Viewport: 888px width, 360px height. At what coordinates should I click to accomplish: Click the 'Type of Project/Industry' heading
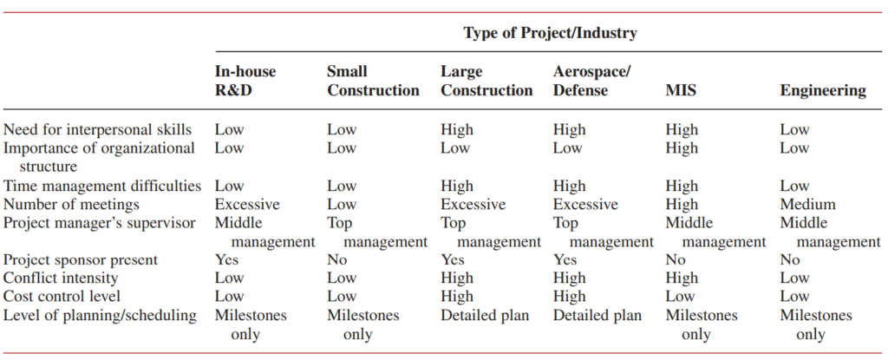click(550, 34)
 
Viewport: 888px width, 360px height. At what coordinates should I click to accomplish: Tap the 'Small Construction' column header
click(373, 81)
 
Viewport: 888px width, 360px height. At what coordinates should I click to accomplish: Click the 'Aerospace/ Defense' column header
click(591, 81)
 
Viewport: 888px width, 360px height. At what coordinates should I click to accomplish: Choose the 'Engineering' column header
click(822, 90)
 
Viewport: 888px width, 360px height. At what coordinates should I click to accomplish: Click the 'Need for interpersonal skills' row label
click(97, 130)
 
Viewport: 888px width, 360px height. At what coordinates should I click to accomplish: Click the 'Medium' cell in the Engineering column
click(807, 205)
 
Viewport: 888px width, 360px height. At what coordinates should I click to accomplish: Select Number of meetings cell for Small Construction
click(341, 205)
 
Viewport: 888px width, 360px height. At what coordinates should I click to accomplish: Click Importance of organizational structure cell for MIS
click(682, 148)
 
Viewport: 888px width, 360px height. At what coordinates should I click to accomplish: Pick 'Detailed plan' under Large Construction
click(485, 315)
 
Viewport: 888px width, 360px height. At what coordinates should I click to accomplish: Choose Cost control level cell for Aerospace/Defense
click(569, 297)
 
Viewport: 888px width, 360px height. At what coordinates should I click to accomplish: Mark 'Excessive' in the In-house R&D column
click(247, 205)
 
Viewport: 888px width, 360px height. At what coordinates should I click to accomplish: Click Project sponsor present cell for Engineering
click(789, 259)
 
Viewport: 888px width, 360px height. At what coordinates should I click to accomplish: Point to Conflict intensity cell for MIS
click(682, 278)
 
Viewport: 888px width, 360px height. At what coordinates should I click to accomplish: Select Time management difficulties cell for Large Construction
click(457, 186)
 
